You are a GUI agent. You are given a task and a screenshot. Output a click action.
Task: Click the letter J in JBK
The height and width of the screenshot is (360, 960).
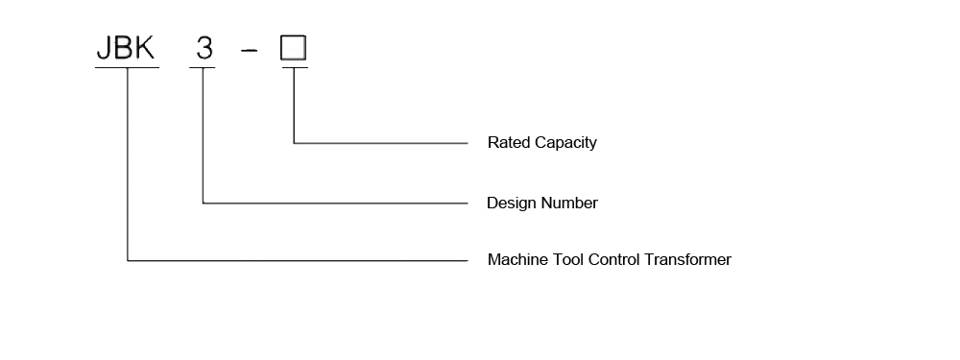pyautogui.click(x=103, y=48)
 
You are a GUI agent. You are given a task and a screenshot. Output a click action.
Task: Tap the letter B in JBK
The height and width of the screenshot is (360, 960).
pyautogui.click(x=122, y=48)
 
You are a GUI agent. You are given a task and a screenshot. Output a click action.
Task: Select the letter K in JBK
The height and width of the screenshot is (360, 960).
pyautogui.click(x=144, y=48)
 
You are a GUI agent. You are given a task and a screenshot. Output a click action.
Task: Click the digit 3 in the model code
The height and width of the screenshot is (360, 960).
pyautogui.click(x=204, y=48)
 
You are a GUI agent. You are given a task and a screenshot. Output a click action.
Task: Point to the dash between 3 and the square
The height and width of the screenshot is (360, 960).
pyautogui.click(x=249, y=50)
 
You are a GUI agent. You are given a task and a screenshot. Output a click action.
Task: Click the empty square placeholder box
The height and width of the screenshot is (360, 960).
pyautogui.click(x=293, y=48)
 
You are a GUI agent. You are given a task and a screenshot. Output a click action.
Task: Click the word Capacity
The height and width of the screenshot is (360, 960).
pyautogui.click(x=565, y=143)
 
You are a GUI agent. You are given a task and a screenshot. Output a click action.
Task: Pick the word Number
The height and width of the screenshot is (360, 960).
pyautogui.click(x=570, y=204)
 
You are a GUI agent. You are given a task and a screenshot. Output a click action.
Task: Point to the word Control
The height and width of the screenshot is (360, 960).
pyautogui.click(x=622, y=260)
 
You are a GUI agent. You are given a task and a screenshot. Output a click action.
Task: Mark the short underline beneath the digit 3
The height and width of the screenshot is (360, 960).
pyautogui.click(x=204, y=67)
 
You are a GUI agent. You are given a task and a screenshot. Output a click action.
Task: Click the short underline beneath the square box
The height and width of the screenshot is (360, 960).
pyautogui.click(x=294, y=67)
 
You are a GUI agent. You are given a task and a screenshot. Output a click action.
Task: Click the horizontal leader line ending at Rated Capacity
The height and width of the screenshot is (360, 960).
pyautogui.click(x=384, y=143)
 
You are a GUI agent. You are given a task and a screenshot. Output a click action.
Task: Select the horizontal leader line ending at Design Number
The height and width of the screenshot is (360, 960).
pyautogui.click(x=336, y=203)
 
